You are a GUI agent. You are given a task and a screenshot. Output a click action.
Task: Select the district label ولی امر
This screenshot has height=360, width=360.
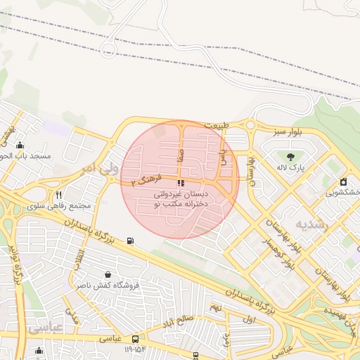tap(96, 169)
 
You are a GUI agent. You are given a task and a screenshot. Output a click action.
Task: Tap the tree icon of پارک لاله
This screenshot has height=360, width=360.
tap(290, 155)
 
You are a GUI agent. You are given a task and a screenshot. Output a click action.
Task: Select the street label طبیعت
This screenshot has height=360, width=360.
tap(217, 125)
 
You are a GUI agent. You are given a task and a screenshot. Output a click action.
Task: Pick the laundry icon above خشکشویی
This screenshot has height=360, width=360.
tap(343, 181)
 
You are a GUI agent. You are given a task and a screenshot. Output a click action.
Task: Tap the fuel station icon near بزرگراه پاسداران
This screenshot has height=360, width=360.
tap(130, 241)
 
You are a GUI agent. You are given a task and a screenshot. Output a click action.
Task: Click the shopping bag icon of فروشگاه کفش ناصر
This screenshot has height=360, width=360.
tap(107, 274)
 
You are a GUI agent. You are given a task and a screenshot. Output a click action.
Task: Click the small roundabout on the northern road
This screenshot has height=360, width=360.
tap(109, 49)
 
